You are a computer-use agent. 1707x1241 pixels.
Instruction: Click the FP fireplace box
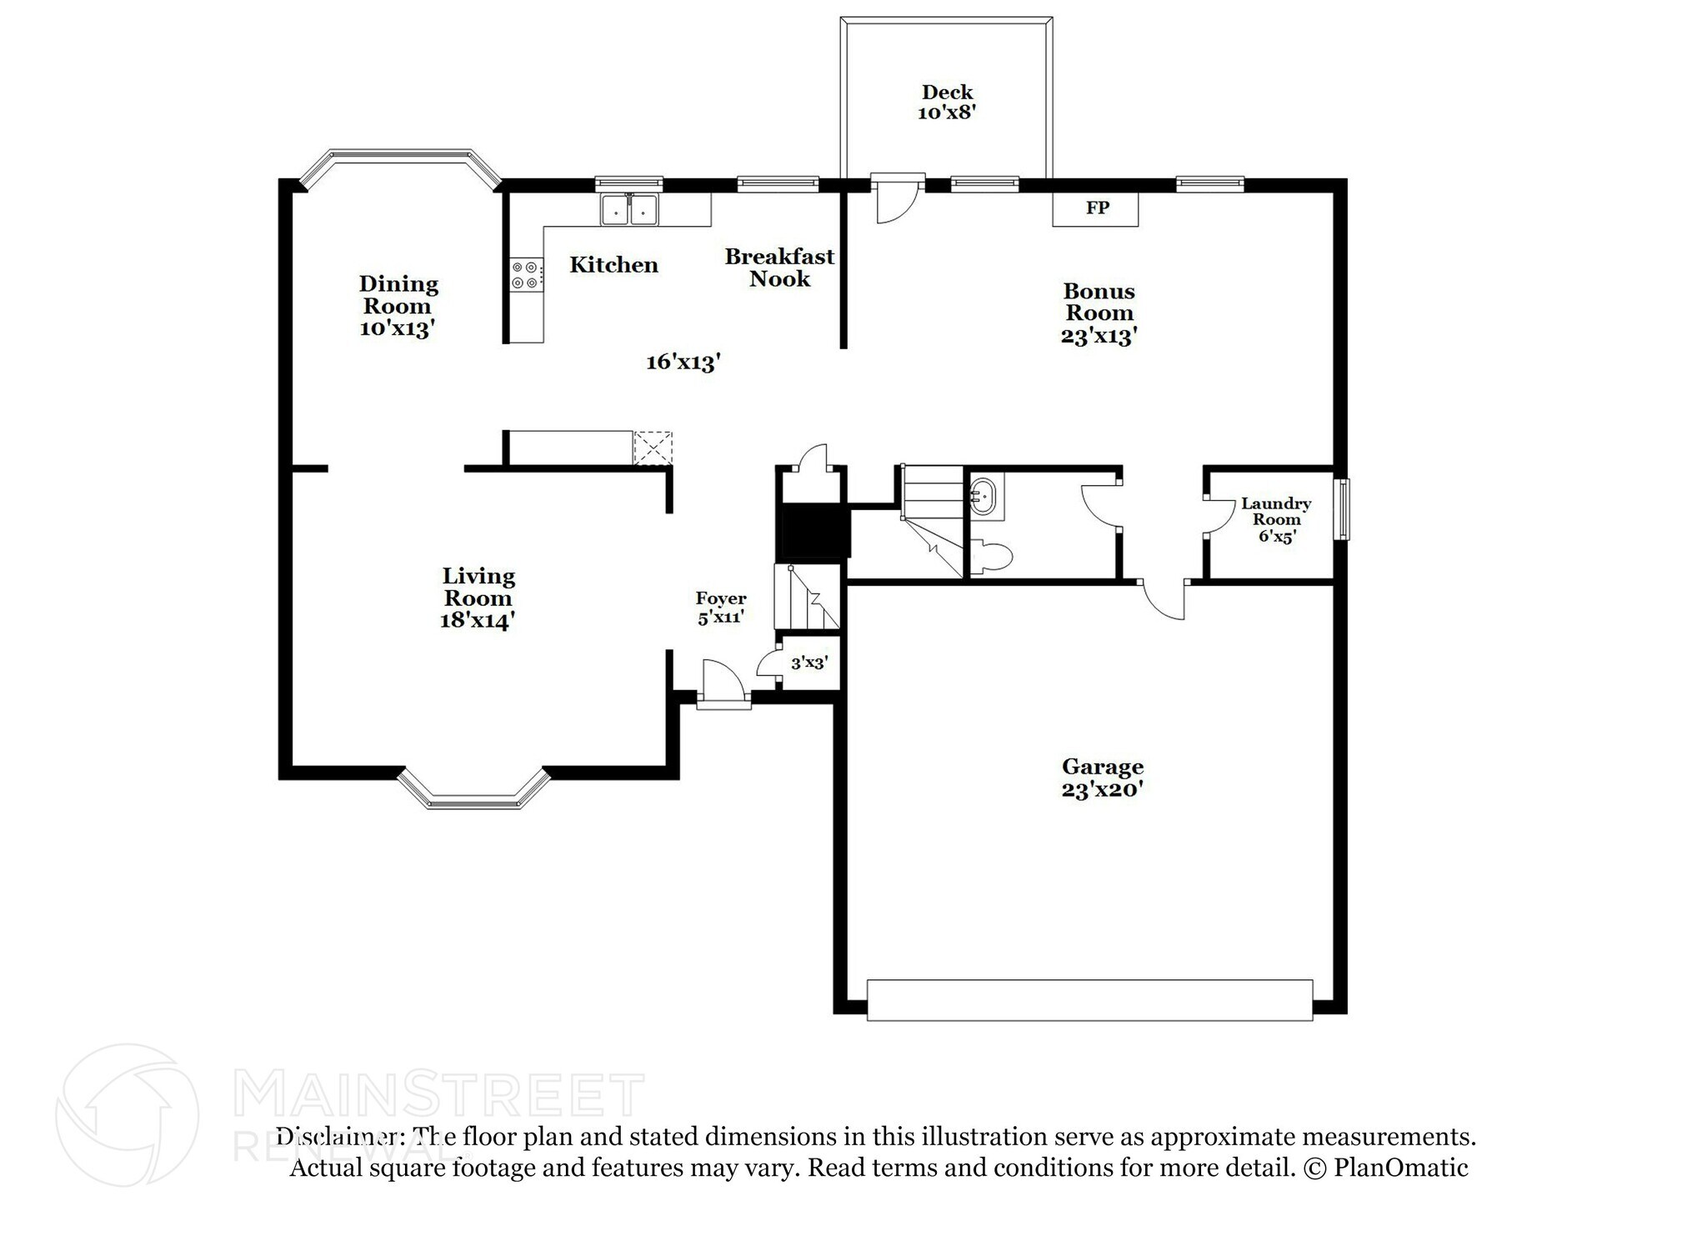[x=1095, y=208]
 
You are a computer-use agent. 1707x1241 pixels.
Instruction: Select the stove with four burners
[x=526, y=275]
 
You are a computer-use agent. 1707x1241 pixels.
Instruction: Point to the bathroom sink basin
[x=985, y=497]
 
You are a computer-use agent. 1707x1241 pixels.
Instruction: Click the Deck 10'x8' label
[x=947, y=102]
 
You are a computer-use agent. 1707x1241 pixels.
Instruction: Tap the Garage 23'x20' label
[x=1102, y=778]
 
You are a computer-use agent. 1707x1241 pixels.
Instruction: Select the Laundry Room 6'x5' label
[x=1275, y=519]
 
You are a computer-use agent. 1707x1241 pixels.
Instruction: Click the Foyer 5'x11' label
[x=721, y=608]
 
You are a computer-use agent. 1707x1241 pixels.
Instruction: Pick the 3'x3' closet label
[x=808, y=663]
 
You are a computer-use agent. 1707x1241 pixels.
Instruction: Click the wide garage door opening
[x=1089, y=1000]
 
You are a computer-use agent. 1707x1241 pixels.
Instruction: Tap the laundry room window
[x=1342, y=509]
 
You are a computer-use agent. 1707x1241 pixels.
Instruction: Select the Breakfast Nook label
[x=779, y=268]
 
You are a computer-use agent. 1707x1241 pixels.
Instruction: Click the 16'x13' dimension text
[x=683, y=362]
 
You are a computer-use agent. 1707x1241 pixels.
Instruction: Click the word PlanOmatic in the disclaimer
[x=1400, y=1168]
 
